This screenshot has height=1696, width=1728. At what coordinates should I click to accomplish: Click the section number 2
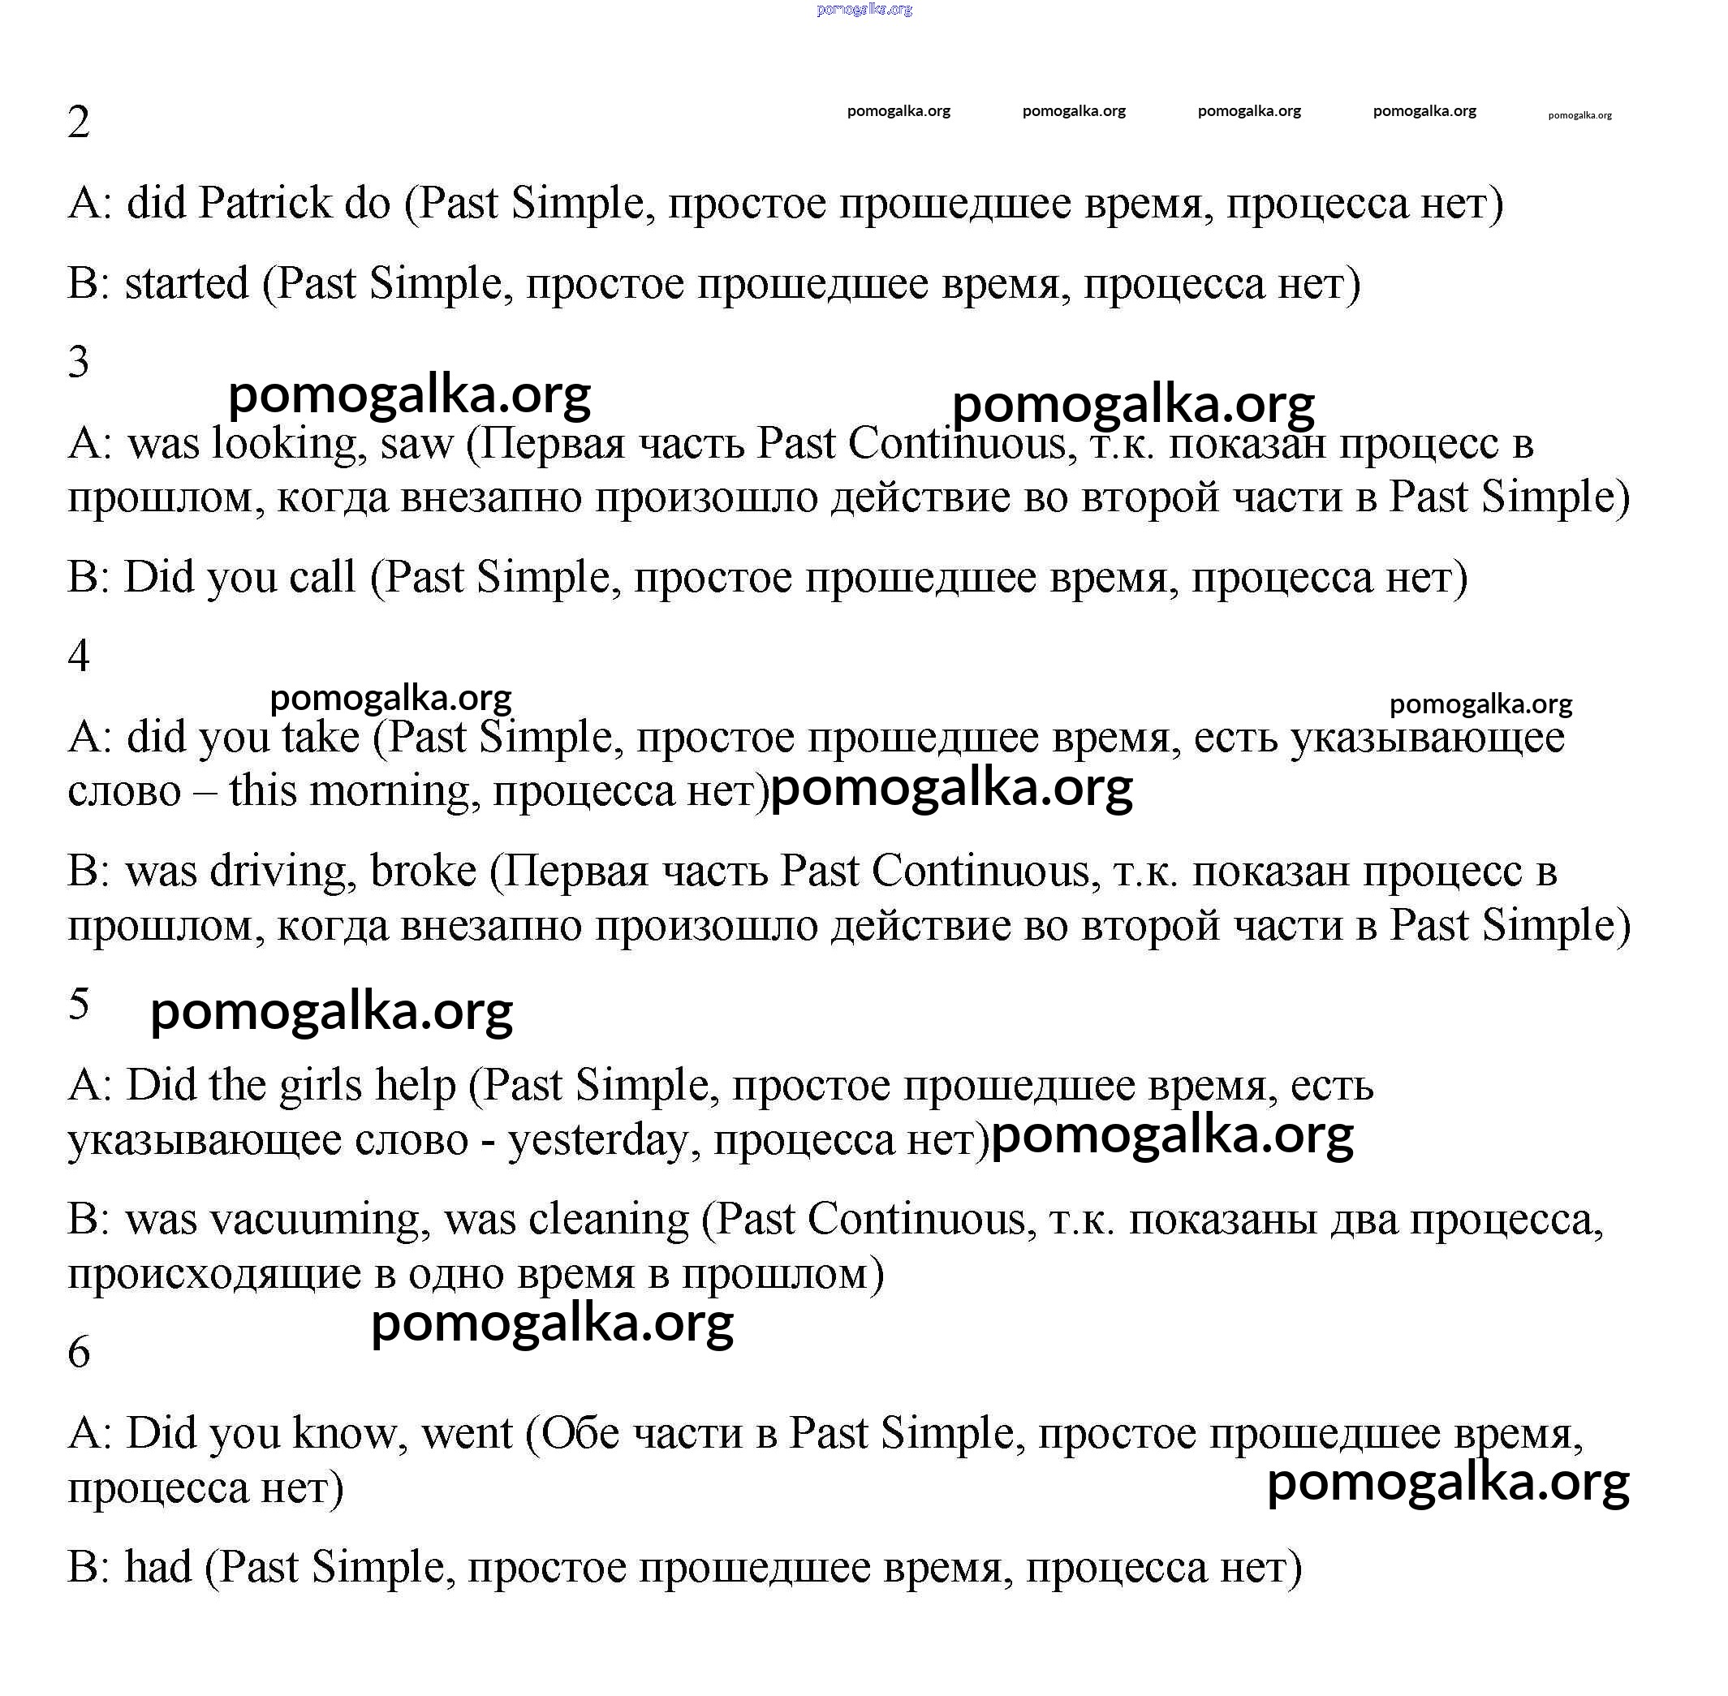point(79,122)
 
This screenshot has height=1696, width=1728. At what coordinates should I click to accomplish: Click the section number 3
point(79,363)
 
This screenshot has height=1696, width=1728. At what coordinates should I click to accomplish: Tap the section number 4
point(79,656)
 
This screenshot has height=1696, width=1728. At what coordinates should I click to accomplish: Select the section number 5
point(79,1004)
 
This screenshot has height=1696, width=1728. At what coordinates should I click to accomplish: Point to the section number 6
point(79,1352)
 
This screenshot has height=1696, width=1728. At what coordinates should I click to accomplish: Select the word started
point(186,284)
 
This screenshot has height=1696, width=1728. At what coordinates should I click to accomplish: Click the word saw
point(417,445)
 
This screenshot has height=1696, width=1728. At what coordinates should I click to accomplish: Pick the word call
point(321,577)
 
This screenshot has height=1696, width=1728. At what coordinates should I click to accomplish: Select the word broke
point(423,872)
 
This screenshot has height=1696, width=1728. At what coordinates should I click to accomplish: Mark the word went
point(467,1433)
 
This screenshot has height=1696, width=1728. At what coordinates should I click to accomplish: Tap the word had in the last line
point(157,1567)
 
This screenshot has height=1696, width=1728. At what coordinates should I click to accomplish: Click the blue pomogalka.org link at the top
point(864,10)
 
